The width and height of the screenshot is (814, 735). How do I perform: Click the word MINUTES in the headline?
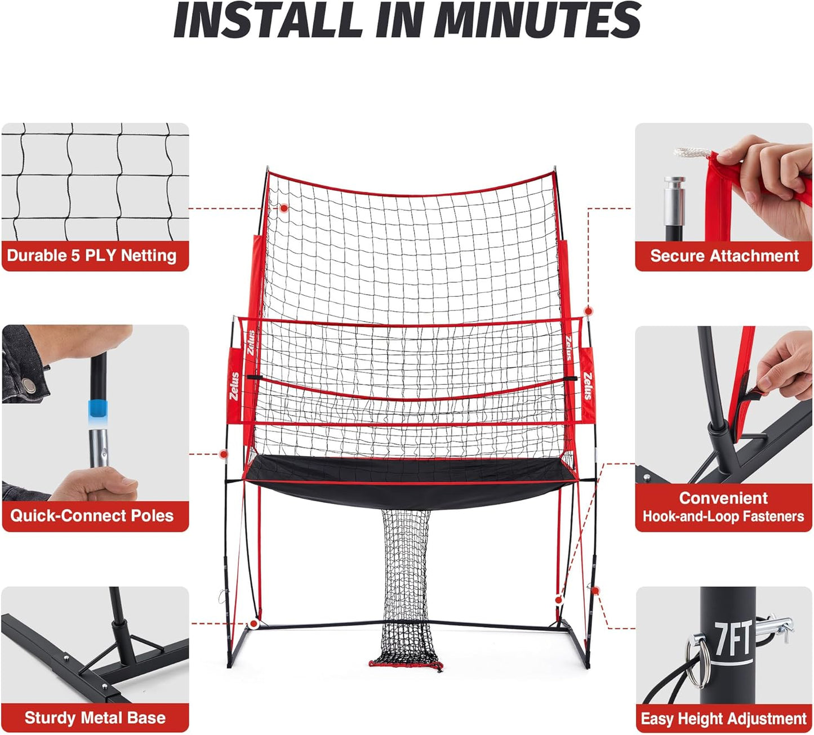coord(538,20)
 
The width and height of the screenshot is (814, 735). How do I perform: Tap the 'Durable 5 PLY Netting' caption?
coord(92,256)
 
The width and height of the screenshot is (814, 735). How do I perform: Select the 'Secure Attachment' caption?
coord(724,256)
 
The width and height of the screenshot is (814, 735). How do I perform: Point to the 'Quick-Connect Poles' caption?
coord(92,515)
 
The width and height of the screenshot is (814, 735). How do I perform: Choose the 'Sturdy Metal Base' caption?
coord(95,718)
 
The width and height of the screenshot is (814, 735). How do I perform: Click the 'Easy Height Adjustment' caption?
coord(724,719)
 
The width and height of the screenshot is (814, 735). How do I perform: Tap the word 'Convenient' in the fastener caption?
coord(723,498)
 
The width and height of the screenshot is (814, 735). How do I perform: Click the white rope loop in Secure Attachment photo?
coord(692,152)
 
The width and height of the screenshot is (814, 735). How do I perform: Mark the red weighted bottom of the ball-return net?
coord(406,665)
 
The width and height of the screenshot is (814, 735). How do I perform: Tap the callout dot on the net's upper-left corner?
coord(284,208)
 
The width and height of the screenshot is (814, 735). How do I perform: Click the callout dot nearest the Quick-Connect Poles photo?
coord(224,454)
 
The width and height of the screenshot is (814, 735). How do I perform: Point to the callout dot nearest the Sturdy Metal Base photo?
coord(254,623)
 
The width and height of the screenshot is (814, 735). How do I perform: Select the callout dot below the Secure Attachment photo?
coord(588,311)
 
